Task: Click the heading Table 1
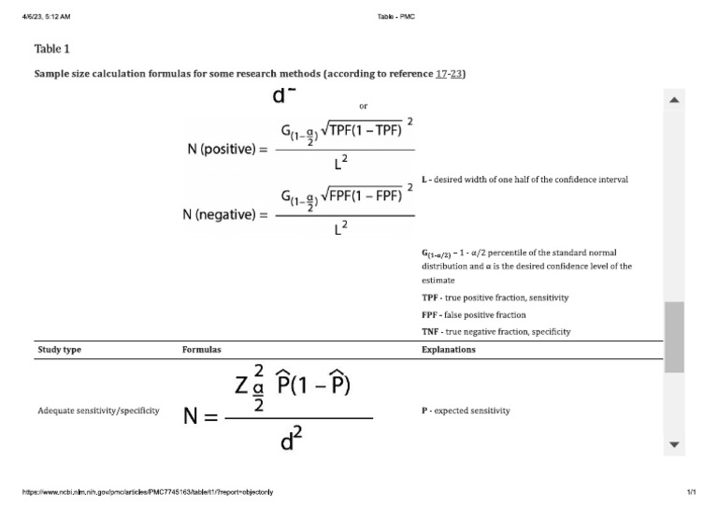[51, 49]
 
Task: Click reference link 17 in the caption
[441, 74]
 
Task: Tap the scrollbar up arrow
[674, 100]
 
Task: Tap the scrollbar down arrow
[674, 444]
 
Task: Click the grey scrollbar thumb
[674, 337]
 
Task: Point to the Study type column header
[61, 350]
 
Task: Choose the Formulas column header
[201, 350]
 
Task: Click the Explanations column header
[449, 350]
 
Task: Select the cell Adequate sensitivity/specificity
[98, 411]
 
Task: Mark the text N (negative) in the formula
[224, 215]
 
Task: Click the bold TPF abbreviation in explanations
[430, 298]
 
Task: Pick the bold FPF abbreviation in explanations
[430, 314]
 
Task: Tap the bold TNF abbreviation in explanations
[430, 331]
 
